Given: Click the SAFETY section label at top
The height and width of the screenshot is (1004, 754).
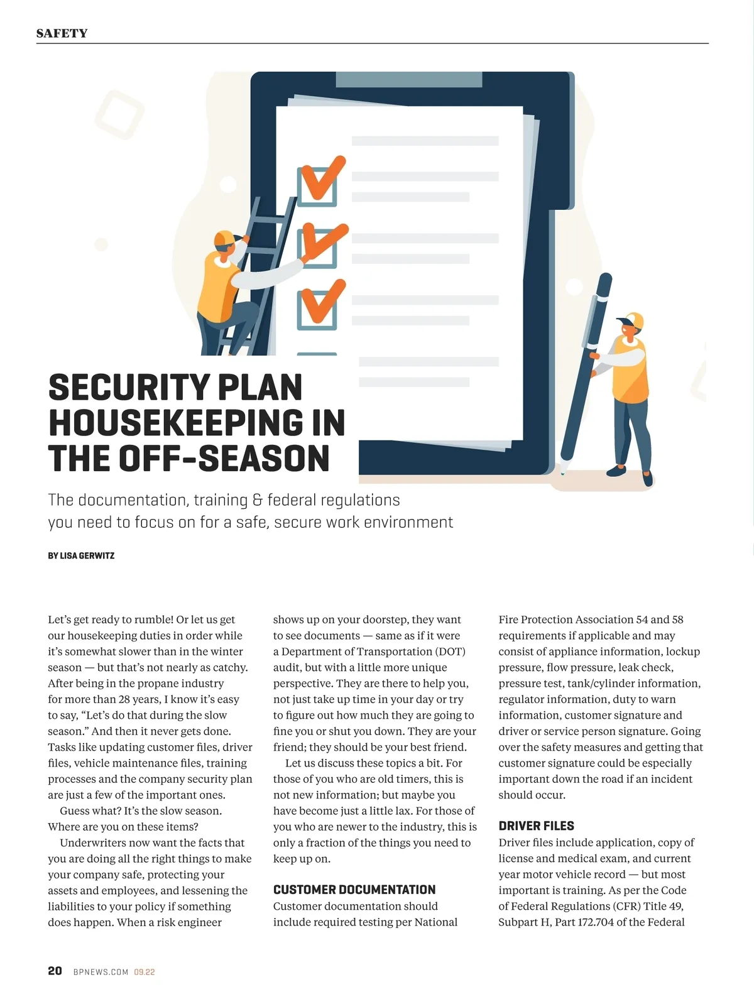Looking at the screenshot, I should tap(62, 33).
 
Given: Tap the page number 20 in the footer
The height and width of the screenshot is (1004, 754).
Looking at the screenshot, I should tap(55, 971).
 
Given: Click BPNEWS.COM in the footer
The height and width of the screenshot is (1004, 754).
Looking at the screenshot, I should tap(101, 972).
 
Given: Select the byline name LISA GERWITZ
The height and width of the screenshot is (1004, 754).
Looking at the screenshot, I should tap(87, 556).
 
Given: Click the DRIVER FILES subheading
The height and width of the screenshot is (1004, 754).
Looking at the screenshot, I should tap(536, 826).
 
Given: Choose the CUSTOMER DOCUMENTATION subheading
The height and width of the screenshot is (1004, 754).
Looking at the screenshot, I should tap(354, 890).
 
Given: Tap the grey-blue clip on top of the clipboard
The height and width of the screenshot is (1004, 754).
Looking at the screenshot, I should tap(409, 80).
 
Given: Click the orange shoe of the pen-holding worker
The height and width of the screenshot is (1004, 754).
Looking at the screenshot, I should tap(616, 471).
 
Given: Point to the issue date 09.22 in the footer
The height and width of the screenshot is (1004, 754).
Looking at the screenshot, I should tap(144, 972).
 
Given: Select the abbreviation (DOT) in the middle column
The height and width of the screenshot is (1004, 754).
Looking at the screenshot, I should tap(450, 652).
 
